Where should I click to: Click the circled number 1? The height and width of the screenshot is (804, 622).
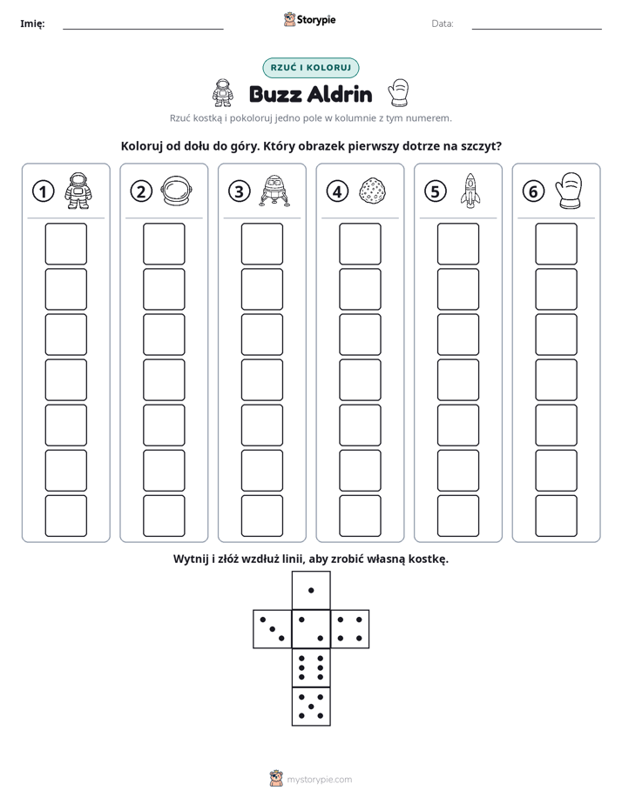[43, 191]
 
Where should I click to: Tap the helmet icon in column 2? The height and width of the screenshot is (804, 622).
[177, 191]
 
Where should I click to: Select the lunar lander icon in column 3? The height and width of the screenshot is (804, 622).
[274, 191]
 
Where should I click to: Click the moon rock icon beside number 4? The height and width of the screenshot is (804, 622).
[373, 191]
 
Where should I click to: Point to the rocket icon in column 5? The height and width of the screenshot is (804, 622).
[470, 191]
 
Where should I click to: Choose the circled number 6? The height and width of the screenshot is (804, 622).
[533, 191]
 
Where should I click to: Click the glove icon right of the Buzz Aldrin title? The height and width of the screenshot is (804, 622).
[398, 93]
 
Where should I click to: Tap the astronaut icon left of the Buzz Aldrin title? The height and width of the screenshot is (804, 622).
[223, 93]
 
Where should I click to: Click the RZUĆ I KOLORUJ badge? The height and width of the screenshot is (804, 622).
[311, 68]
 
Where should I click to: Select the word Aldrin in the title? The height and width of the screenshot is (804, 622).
[341, 94]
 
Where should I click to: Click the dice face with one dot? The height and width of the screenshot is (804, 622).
[311, 591]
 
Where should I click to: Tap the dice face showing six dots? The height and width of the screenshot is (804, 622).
[311, 667]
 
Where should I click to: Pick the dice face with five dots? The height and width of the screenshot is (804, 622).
[311, 707]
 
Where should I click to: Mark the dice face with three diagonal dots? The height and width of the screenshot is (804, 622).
[273, 629]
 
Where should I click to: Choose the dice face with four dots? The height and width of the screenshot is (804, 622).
[350, 629]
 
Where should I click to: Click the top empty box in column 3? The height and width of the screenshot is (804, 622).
[261, 244]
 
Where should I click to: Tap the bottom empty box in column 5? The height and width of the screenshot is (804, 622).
[458, 516]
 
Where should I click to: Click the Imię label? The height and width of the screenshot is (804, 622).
[32, 23]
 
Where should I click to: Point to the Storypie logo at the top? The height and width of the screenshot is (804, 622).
[309, 20]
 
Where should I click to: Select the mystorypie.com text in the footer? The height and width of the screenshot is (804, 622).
[319, 780]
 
